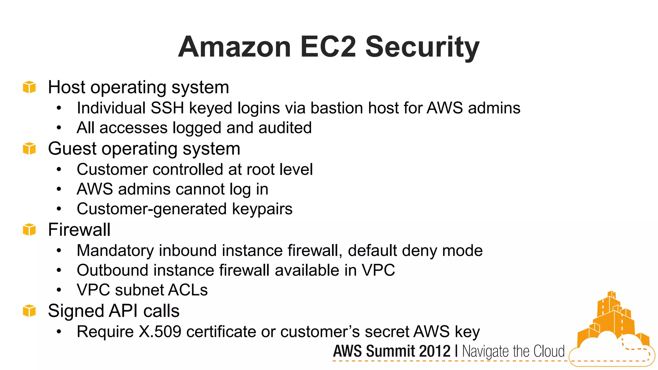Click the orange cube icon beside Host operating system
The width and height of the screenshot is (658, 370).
pos(29,87)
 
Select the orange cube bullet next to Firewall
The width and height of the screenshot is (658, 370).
pos(29,230)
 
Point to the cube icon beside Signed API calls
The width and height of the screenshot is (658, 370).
pos(29,311)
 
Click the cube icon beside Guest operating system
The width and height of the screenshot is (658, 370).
pos(29,148)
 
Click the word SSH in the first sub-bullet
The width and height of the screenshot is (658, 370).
pos(167,108)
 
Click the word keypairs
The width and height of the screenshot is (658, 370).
pos(262,209)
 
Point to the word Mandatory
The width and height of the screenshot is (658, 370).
pos(115,251)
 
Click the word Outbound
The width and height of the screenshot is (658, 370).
pos(112,270)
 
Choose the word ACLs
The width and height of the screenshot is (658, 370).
pos(188,290)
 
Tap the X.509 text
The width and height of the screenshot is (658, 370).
pos(160,332)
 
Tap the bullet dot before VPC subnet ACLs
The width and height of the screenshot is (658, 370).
pos(59,290)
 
